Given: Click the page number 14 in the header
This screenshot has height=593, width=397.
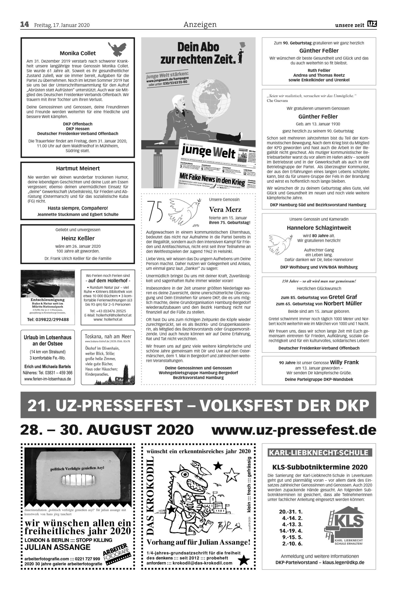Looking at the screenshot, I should pos(25,25).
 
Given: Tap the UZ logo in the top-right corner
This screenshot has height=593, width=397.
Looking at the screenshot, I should pos(372,24).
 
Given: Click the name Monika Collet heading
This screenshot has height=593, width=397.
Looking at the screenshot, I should pos(78,53).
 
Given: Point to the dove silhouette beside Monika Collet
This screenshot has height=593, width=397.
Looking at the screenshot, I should pos(117,49).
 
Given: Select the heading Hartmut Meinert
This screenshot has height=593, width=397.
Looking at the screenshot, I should pos(78,168).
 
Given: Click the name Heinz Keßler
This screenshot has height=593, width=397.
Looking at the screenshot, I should pos(78,238).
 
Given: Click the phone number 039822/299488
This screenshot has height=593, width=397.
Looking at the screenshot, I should pos(48,319).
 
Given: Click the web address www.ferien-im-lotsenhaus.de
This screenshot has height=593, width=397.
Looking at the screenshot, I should pos(48,379).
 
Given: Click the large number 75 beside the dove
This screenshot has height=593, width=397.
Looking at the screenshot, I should pos(155,210).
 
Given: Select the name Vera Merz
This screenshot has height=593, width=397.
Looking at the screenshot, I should pos(225,210).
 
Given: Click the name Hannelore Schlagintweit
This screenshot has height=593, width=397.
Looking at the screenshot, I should pos(319,228).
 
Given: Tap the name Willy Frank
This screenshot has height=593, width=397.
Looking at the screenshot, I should pos(344,362).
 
